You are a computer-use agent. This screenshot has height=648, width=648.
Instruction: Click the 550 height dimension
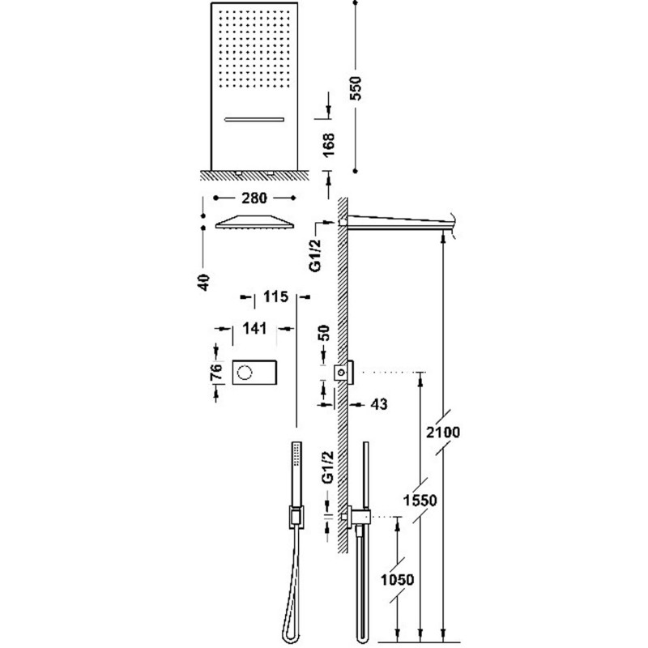coord(355,88)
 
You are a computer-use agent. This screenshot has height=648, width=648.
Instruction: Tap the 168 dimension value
coord(329,145)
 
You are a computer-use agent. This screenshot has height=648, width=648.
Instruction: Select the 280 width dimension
coord(254,198)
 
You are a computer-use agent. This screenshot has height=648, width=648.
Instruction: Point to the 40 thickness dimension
coord(204,282)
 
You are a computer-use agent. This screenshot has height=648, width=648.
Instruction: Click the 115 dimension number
coord(275,296)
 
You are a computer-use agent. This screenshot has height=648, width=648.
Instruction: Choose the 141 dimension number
coord(254,329)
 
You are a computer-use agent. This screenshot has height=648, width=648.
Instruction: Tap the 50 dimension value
coord(325,333)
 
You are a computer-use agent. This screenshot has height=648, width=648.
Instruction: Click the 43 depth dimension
coord(379,403)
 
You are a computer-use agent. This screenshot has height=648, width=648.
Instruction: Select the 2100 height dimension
coord(443,433)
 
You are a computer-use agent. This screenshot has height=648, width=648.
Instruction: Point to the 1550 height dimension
coord(420,501)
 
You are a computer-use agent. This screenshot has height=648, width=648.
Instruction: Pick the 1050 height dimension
coord(397,580)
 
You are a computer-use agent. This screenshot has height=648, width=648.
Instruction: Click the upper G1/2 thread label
coord(316,255)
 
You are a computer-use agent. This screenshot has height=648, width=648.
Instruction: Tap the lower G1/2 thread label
coord(328,467)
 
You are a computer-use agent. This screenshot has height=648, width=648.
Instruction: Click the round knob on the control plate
coord(245,373)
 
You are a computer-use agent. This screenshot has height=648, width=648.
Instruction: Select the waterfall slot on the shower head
coord(254,120)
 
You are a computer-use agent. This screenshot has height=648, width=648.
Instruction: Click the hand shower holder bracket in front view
coord(296,517)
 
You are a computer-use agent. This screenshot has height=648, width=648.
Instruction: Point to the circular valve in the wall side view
coord(341,373)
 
